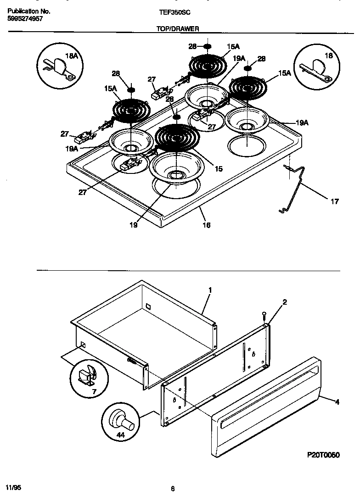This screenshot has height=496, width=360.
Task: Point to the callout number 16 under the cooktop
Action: pyautogui.click(x=207, y=225)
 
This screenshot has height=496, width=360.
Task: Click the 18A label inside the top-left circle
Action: pyautogui.click(x=72, y=56)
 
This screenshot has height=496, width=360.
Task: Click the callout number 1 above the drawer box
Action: pyautogui.click(x=210, y=290)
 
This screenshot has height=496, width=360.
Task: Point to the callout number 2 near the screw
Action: pyautogui.click(x=285, y=302)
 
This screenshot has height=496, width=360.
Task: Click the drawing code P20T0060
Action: pyautogui.click(x=323, y=455)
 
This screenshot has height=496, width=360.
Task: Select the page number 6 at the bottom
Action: pyautogui.click(x=173, y=489)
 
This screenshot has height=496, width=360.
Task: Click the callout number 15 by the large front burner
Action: pyautogui.click(x=219, y=169)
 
